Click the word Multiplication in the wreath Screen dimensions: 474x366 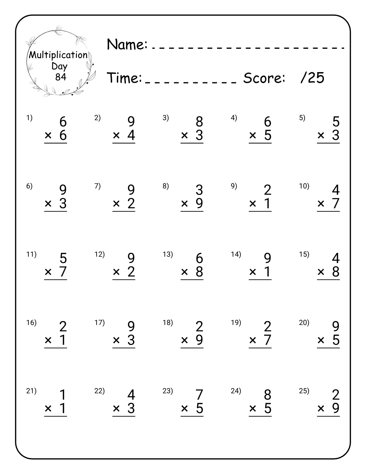[58, 55]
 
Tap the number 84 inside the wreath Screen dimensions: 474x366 [60, 77]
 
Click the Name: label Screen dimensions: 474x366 [127, 45]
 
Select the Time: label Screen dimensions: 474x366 [124, 78]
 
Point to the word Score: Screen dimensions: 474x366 [264, 78]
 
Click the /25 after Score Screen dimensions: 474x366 [312, 78]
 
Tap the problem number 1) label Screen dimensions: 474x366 [29, 118]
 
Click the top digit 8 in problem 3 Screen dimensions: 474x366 [199, 122]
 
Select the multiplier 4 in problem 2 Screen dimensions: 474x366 [131, 135]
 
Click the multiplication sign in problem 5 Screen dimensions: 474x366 [321, 136]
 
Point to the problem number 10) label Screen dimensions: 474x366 [304, 186]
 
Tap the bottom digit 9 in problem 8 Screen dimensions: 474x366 [199, 203]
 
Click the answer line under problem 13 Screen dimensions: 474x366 [192, 280]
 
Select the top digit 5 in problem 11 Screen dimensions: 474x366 [63, 258]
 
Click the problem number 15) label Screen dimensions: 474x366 [304, 254]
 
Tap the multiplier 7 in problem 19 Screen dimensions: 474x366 [268, 340]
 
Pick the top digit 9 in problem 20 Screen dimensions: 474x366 [336, 326]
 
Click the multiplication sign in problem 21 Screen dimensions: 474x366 [48, 408]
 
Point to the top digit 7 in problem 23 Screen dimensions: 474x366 [199, 395]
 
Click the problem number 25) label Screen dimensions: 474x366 [304, 391]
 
